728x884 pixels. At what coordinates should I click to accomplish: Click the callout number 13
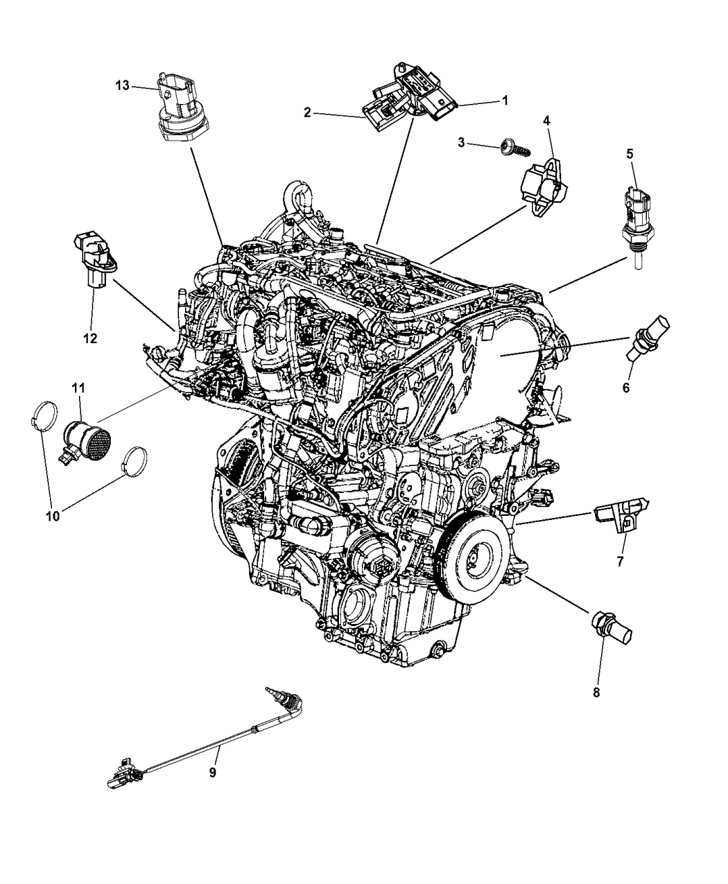coord(122,85)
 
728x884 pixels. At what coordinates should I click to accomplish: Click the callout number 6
coord(625,388)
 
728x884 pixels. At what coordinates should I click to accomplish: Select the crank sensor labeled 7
coord(620,517)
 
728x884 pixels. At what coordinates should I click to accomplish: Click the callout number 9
coord(213,772)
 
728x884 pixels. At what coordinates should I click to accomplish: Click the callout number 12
coord(90,338)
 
